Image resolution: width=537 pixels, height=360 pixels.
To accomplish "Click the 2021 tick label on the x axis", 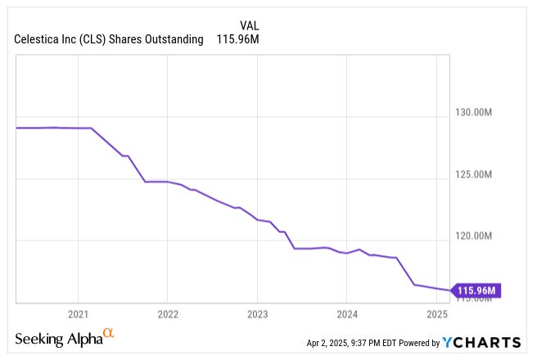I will (78, 313).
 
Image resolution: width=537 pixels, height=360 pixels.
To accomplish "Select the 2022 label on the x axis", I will (167, 313).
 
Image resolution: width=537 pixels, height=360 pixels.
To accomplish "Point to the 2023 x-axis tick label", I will (257, 313).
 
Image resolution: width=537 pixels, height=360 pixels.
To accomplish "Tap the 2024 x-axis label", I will (347, 313).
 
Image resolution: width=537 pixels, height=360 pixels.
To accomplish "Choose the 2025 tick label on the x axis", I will (437, 313).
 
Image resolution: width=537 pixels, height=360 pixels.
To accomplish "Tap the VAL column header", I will (250, 25).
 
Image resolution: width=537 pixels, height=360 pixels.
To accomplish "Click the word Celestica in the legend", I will (39, 39).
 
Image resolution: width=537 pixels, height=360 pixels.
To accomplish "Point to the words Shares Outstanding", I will (160, 39).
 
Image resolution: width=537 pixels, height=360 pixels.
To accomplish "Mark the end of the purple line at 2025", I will (449, 290).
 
